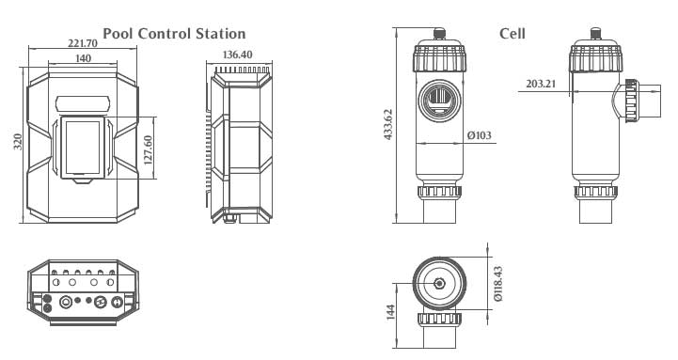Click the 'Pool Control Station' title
(x=174, y=33)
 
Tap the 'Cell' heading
(x=512, y=33)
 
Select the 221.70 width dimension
(x=83, y=43)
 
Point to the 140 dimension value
(x=83, y=58)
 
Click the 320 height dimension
(x=17, y=142)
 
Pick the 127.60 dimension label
(x=148, y=150)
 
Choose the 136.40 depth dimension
(x=237, y=55)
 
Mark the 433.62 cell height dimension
(x=387, y=124)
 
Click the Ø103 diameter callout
(x=479, y=135)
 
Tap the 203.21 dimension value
(x=541, y=84)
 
